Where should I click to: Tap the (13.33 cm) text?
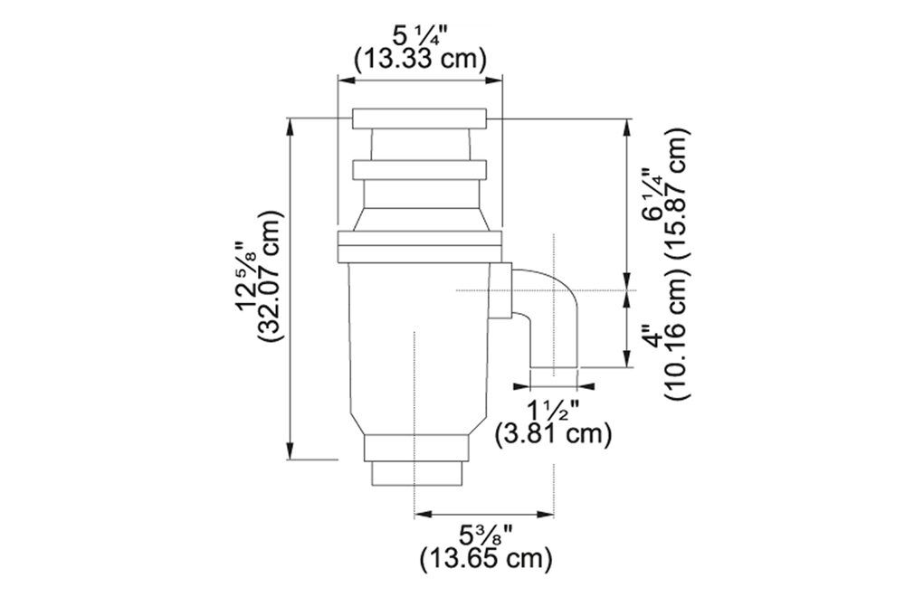click(420, 59)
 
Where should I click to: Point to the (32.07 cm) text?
click(271, 277)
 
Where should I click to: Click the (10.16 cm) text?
click(676, 335)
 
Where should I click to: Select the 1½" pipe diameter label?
click(553, 412)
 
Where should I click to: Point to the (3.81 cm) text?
click(553, 434)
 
